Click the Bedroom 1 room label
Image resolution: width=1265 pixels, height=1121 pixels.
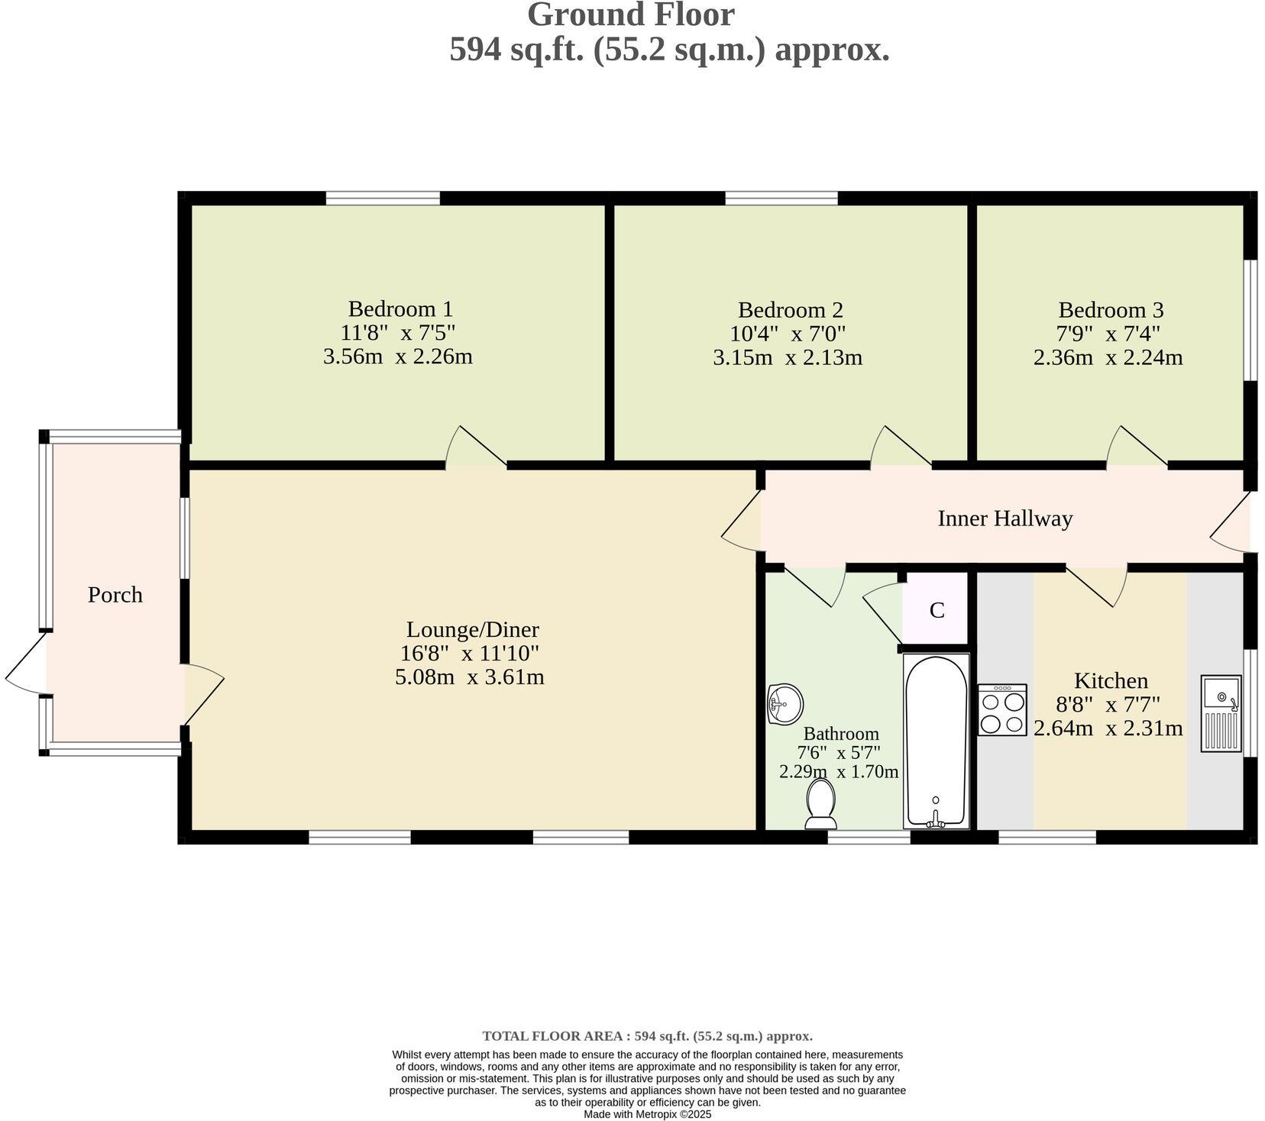coord(400,309)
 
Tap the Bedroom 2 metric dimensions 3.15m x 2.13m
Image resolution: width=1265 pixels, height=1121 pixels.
coord(788,357)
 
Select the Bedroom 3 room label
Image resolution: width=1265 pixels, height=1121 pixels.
coord(1111,310)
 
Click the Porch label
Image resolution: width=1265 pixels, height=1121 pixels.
coord(115,595)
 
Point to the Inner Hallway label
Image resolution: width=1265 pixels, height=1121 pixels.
coord(1005,519)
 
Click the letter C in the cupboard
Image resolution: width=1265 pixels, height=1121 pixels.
coord(937,611)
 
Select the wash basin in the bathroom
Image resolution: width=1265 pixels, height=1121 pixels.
coord(785,703)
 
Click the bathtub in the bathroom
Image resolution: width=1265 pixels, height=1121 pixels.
coord(936,741)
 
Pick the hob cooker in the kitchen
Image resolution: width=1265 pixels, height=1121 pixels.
coord(1002,710)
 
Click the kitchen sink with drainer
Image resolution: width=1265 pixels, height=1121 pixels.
coord(1221,713)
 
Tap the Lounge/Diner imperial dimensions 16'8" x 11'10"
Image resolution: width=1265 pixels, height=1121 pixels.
coord(470,654)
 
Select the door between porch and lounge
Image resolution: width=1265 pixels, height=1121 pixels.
coord(202,692)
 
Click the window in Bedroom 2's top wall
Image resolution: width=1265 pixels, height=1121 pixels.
coord(781,199)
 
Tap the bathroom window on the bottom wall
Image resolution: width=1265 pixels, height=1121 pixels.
coord(869,838)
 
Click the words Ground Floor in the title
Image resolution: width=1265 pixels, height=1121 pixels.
coord(631,15)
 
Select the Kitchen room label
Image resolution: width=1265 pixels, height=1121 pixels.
coord(1111,680)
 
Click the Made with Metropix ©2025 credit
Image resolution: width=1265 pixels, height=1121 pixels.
coord(647,1114)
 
